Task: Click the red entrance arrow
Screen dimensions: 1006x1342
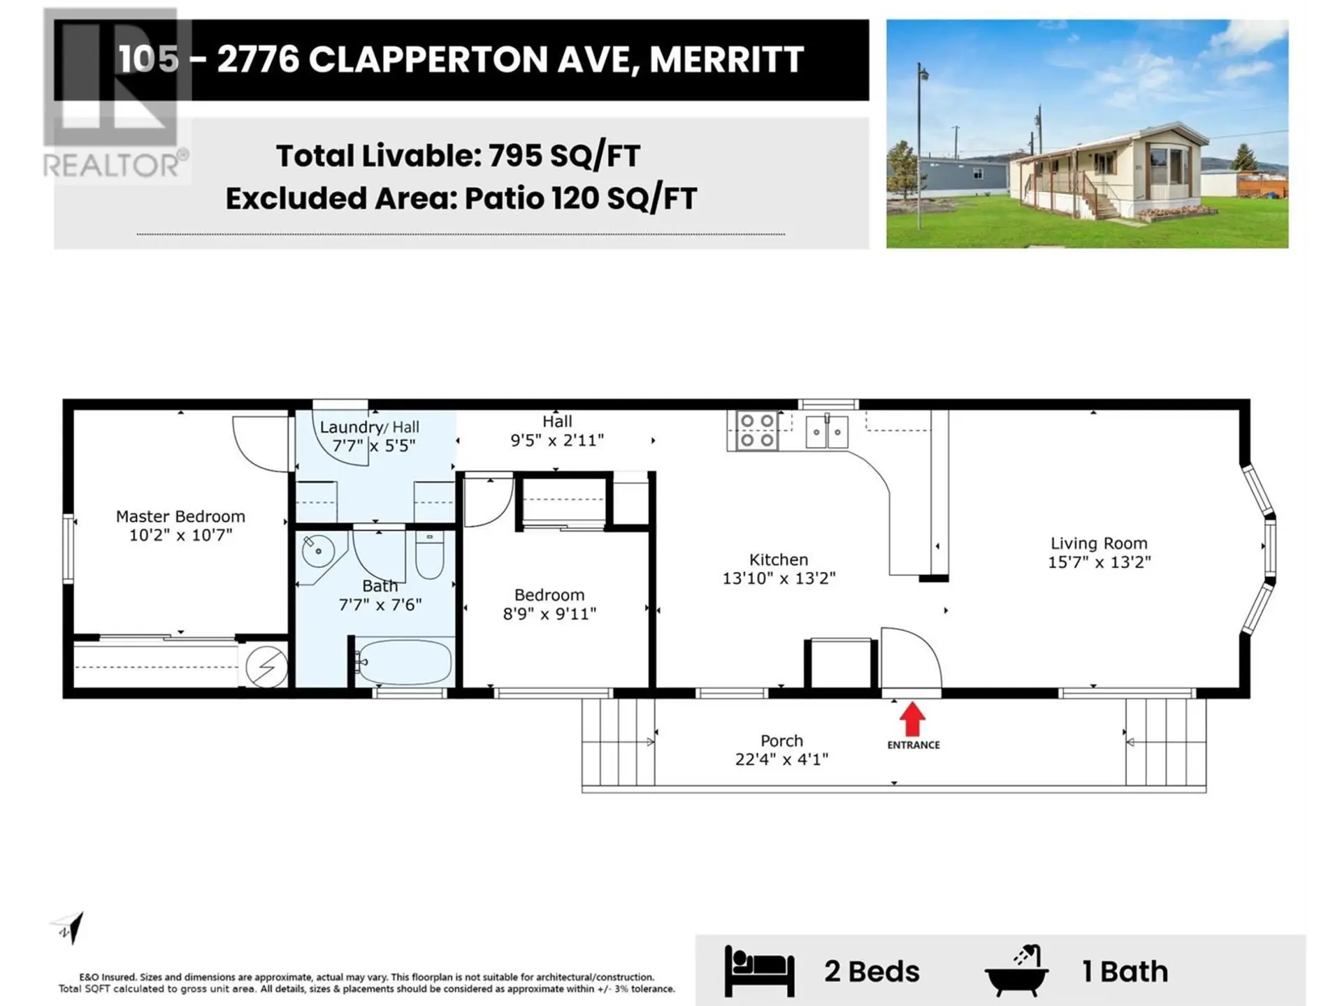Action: [912, 719]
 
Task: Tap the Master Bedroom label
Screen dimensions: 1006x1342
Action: [180, 517]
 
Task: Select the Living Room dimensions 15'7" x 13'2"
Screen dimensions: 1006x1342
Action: [1099, 562]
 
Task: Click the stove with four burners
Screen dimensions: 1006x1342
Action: [757, 430]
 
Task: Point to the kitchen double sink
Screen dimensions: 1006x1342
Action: [826, 432]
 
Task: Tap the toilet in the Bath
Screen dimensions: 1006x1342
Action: [429, 555]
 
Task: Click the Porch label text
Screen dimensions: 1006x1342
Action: [781, 741]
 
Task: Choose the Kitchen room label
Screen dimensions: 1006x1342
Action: [779, 560]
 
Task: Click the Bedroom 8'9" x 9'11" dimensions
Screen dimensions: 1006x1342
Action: [549, 614]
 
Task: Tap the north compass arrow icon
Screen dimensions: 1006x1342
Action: [70, 928]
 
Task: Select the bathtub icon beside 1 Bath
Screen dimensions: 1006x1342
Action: [1017, 971]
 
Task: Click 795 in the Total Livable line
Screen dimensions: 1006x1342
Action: [514, 155]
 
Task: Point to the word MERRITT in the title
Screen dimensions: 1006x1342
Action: [726, 59]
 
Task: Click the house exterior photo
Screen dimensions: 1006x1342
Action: [1087, 133]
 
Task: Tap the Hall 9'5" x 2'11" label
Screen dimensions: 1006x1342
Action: [557, 431]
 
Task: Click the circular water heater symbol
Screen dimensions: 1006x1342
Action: [266, 666]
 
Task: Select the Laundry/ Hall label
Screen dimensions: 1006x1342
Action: [370, 428]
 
